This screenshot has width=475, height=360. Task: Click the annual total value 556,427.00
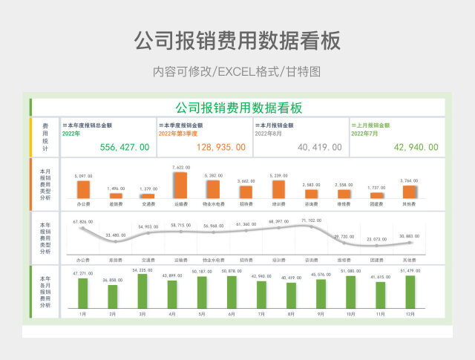124,148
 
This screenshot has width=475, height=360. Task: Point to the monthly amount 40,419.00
319,148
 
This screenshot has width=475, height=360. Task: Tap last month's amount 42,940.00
416,148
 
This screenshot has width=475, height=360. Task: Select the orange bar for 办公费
83,189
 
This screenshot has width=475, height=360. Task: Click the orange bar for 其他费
409,192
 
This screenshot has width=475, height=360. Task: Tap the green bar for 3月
142,291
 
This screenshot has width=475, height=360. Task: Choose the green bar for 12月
410,292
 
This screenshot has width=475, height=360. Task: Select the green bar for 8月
291,295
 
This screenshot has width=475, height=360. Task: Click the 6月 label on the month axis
232,315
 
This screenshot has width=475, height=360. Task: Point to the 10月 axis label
350,315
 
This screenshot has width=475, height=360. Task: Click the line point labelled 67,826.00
83,227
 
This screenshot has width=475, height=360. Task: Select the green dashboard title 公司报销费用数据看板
238,108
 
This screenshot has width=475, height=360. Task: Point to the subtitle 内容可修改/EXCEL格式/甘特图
237,72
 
